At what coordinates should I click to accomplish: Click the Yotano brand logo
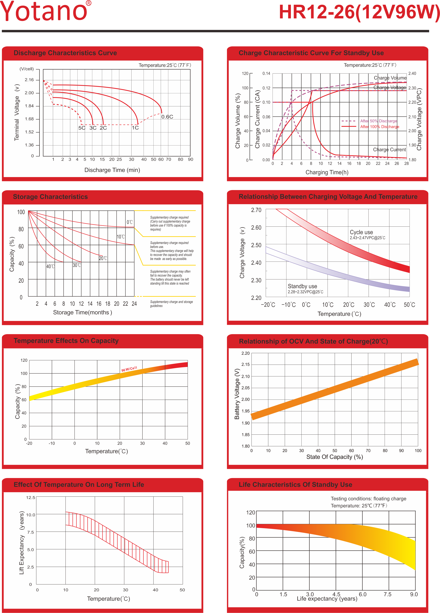pyautogui.click(x=45, y=11)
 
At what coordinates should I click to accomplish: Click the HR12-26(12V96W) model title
pyautogui.click(x=359, y=12)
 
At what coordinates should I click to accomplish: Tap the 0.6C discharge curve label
pyautogui.click(x=167, y=117)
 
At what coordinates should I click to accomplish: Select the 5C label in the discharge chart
pyautogui.click(x=82, y=128)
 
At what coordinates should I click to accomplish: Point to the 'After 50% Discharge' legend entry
pyautogui.click(x=378, y=121)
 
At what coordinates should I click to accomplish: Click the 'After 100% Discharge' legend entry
pyautogui.click(x=379, y=127)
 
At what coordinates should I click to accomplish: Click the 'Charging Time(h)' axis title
pyautogui.click(x=327, y=173)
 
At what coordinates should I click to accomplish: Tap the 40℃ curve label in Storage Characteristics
pyautogui.click(x=50, y=266)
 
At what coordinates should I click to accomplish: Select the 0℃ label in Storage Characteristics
pyautogui.click(x=130, y=222)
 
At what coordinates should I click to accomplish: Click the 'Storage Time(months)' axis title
pyautogui.click(x=82, y=312)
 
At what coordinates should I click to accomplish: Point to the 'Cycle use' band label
pyautogui.click(x=361, y=232)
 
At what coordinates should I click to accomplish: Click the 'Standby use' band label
pyautogui.click(x=302, y=286)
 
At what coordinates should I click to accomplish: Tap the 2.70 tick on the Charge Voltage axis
pyautogui.click(x=256, y=210)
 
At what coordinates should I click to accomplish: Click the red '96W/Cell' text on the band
pyautogui.click(x=129, y=369)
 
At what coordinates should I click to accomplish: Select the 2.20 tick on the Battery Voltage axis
pyautogui.click(x=245, y=353)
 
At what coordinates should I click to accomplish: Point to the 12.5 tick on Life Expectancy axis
pyautogui.click(x=31, y=498)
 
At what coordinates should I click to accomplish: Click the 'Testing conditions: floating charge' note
pyautogui.click(x=368, y=499)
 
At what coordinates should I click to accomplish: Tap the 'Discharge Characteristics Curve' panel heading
pyautogui.click(x=65, y=53)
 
